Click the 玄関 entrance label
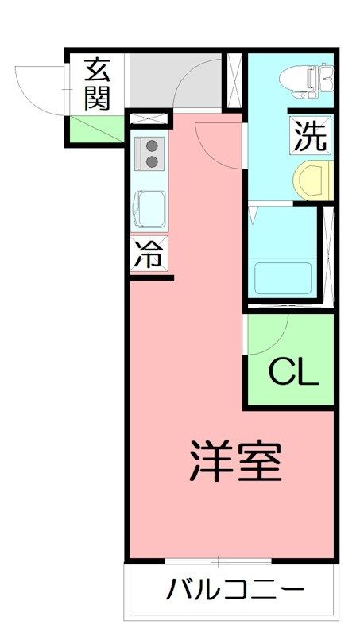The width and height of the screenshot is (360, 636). point(97,84)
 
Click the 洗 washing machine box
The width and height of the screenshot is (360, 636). point(311,135)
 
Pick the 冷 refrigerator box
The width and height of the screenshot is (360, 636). point(149,254)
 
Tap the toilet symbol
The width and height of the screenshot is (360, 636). point(306,81)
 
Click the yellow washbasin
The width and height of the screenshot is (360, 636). point(313,180)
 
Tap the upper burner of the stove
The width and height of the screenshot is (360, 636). point(152,145)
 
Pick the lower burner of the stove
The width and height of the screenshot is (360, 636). point(152,162)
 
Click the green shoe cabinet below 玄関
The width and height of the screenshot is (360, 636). point(97,129)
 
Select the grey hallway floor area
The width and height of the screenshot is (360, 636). point(176,81)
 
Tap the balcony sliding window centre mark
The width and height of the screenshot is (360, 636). point(218,562)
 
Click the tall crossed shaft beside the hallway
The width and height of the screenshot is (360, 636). point(234,81)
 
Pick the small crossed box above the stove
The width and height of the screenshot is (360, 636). point(149,118)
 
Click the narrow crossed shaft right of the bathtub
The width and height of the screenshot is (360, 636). point(328,254)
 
